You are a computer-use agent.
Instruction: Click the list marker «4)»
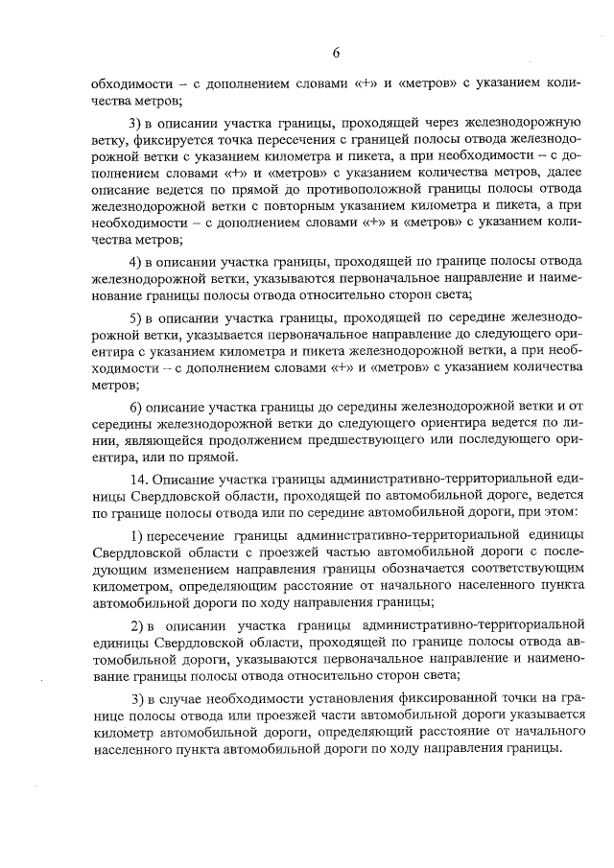click(135, 262)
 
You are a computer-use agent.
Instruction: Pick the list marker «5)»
click(135, 318)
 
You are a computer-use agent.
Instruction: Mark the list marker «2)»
click(135, 627)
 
